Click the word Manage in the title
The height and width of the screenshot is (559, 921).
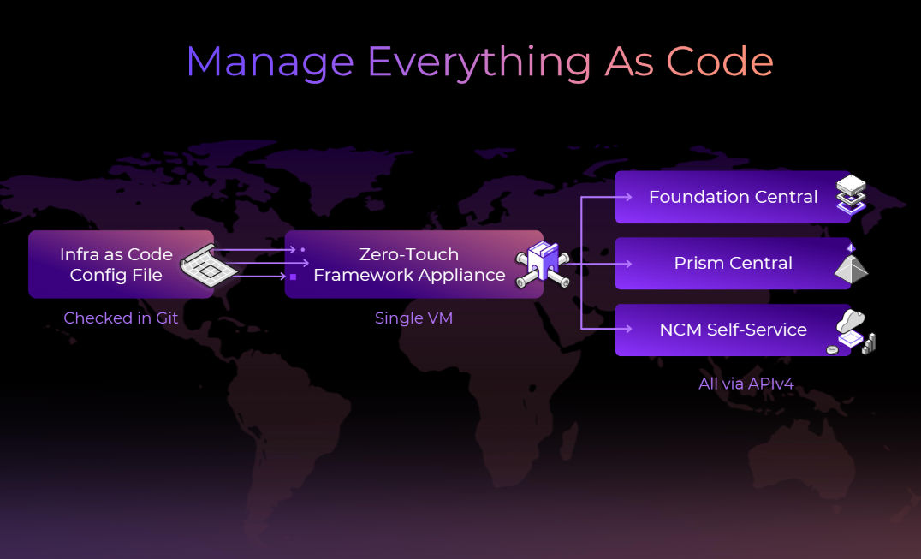point(270,62)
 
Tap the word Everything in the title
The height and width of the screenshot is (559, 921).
point(478,62)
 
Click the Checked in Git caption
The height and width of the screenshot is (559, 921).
point(121,318)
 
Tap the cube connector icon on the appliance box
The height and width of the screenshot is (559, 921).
point(541,264)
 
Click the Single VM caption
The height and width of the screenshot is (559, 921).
point(413,318)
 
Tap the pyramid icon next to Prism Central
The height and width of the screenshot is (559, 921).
point(851,265)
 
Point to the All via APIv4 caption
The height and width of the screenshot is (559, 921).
point(746,384)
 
